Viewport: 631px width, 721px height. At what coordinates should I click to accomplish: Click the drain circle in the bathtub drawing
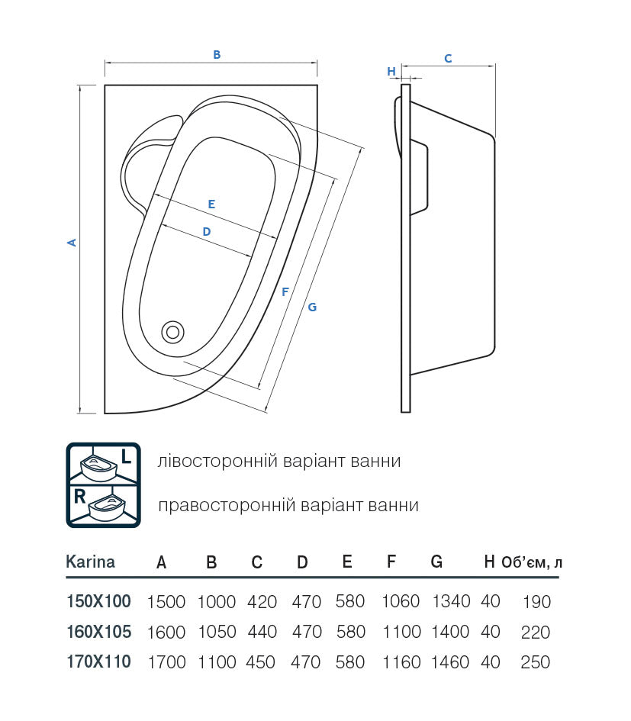[x=172, y=331]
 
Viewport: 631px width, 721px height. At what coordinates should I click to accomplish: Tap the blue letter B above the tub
[x=217, y=54]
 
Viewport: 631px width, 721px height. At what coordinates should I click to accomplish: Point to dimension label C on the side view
[x=448, y=58]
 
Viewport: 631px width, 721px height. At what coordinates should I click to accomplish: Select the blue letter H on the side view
[x=391, y=72]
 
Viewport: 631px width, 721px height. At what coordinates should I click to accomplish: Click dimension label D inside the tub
[x=206, y=231]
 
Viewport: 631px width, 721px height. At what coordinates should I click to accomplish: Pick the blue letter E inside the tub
[x=211, y=204]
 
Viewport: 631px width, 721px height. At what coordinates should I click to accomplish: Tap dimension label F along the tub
[x=285, y=291]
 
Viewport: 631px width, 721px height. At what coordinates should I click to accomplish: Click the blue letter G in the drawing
[x=312, y=307]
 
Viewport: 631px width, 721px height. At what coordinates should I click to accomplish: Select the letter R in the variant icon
[x=79, y=496]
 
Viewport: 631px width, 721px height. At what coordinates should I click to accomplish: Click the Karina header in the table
[x=91, y=562]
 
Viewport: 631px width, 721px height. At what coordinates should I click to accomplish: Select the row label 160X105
[x=98, y=632]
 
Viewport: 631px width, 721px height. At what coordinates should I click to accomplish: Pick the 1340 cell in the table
[x=450, y=602]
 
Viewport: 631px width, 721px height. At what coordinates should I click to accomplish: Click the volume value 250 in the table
[x=535, y=662]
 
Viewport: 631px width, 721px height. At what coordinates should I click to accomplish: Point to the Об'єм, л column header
[x=533, y=563]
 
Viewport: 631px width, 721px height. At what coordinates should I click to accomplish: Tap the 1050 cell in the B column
[x=217, y=632]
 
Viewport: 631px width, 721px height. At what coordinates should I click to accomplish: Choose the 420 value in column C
[x=262, y=602]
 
